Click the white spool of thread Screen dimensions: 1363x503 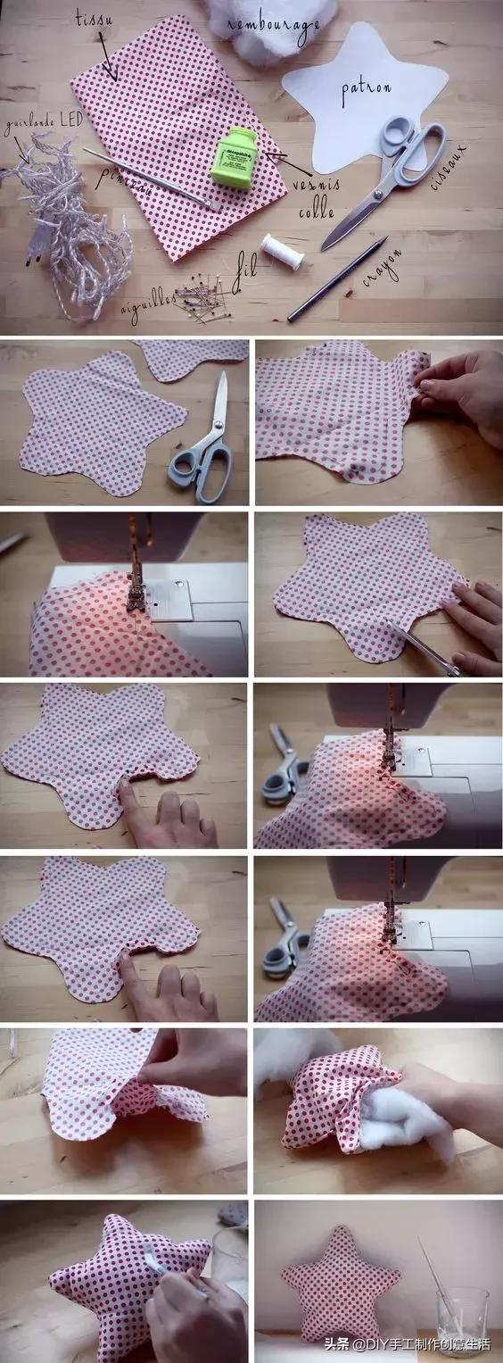283,251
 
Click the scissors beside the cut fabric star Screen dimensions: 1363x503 202,446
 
